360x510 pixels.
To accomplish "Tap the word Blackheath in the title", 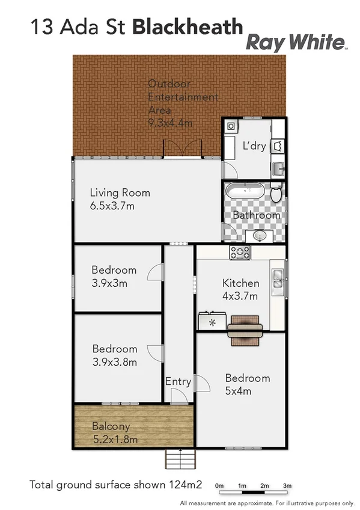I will [187, 27].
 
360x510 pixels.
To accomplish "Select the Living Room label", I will [120, 193].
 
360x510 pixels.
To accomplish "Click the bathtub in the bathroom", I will [245, 193].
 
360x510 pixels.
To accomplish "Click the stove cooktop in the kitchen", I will [240, 253].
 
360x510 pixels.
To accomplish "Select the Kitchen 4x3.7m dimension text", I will [240, 296].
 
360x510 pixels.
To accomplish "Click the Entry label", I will [178, 381].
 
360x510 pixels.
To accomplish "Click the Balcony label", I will [112, 426].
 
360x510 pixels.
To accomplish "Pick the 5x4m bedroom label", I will [238, 391].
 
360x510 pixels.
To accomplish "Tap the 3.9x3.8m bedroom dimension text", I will [114, 361].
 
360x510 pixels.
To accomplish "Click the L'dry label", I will [254, 146].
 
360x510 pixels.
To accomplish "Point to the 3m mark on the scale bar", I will [287, 486].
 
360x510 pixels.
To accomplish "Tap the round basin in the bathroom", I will [260, 236].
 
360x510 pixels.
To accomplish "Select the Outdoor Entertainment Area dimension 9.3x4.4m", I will [171, 123].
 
